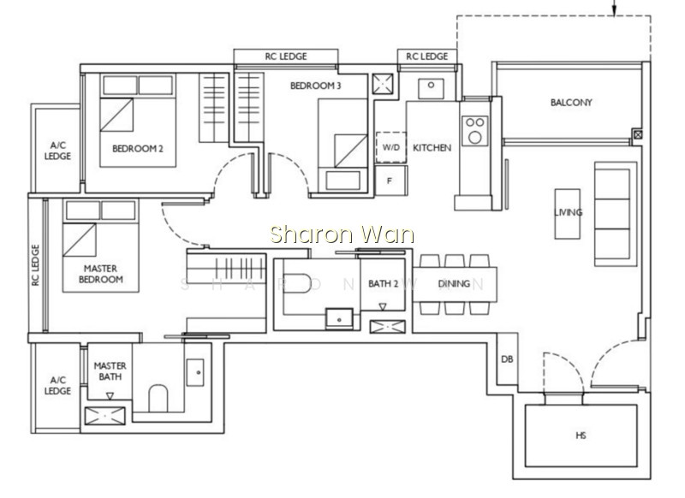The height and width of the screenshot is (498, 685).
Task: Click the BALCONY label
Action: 571,103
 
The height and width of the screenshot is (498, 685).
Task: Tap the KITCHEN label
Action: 432,148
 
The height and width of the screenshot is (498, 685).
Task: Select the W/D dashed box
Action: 391,147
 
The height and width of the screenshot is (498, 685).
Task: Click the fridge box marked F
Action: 391,181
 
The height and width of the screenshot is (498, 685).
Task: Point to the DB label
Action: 507,359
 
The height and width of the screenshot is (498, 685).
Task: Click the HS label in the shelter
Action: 581,436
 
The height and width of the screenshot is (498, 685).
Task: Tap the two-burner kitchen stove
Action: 474,131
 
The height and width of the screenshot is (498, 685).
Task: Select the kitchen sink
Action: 431,89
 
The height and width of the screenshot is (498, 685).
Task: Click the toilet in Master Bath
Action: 158,398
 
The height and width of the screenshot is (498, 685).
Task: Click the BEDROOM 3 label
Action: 315,86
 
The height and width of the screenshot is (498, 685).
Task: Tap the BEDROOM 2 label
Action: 138,149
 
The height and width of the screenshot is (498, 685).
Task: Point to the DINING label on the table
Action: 454,284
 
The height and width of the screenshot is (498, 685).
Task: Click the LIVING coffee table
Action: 568,214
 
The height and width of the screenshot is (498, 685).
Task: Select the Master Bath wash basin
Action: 195,372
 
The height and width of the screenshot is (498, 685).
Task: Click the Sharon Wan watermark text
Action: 342,234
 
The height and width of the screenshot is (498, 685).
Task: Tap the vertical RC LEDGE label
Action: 35,265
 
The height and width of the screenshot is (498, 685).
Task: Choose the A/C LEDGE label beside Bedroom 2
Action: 57,151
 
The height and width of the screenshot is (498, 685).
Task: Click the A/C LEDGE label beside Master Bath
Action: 57,385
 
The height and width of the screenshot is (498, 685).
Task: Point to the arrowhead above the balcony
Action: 614,12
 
